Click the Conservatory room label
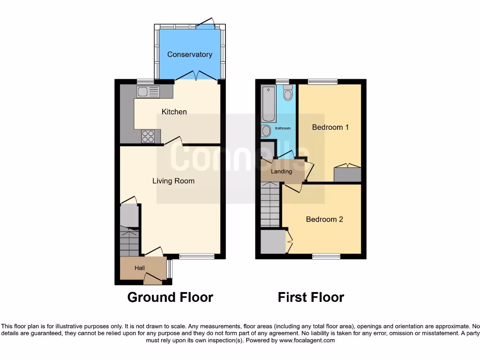[189, 54]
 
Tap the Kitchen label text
[174, 112]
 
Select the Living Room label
[173, 180]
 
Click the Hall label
[140, 268]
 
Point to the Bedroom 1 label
[330, 127]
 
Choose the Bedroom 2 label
[324, 219]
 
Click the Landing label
[282, 171]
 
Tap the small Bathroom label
[283, 128]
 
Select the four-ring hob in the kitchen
[148, 136]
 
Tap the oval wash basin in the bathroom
[266, 131]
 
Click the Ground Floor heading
[170, 297]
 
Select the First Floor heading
[311, 297]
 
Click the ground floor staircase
[129, 242]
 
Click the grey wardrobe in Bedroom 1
[347, 174]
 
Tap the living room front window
[196, 256]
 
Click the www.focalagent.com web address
[307, 341]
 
